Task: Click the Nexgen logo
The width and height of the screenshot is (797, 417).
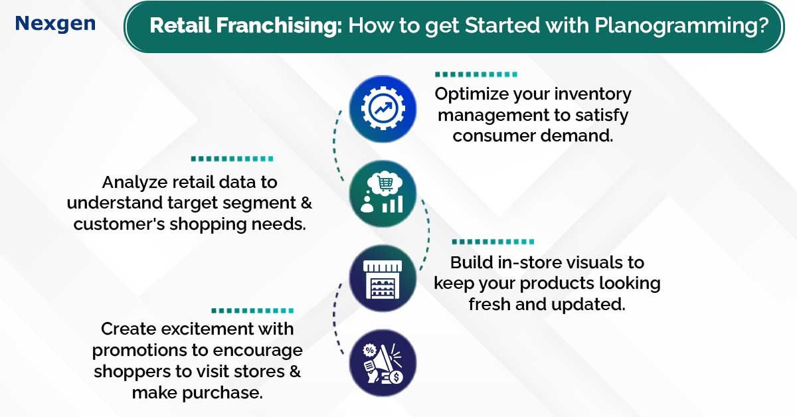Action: point(55,24)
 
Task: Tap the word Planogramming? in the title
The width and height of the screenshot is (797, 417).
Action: point(681,26)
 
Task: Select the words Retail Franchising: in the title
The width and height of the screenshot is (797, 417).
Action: point(246,25)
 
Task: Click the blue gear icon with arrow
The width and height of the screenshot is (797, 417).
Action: point(383,108)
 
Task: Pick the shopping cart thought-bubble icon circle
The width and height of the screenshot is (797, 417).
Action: point(383,193)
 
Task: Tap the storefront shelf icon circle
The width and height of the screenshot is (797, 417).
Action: point(383,278)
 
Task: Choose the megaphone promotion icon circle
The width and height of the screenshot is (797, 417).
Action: point(383,363)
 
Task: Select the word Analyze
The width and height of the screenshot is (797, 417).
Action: point(135,183)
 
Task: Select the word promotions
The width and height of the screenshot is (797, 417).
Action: point(139,351)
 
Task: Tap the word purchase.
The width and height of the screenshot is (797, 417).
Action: point(222,394)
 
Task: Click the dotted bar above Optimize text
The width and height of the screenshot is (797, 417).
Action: point(476,74)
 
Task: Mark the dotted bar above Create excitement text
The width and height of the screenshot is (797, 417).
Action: point(252,311)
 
